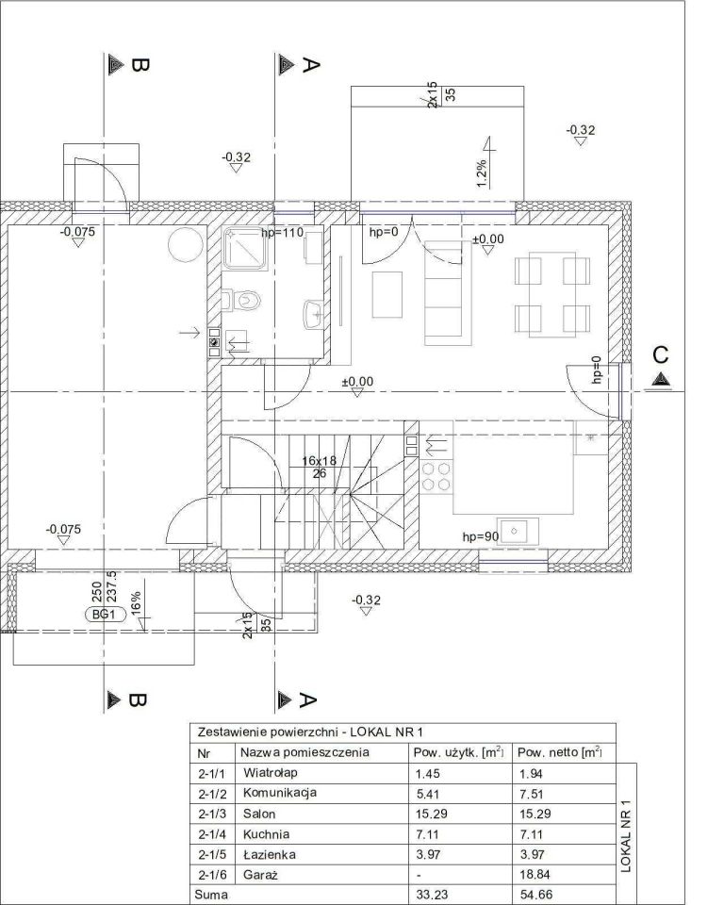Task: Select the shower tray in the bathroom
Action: (x=246, y=248)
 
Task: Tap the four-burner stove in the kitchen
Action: (x=436, y=476)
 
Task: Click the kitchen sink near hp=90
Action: (x=519, y=531)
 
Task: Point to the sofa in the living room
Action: (x=443, y=293)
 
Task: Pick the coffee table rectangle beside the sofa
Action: (x=387, y=294)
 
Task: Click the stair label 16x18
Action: (x=320, y=461)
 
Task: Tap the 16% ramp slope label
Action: (x=136, y=603)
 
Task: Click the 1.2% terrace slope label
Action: (x=482, y=173)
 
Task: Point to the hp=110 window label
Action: (x=282, y=233)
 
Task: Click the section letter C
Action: (x=661, y=354)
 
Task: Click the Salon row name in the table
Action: (x=259, y=814)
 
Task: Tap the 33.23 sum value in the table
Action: (x=432, y=895)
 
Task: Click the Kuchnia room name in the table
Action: (x=266, y=834)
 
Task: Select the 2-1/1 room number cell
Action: (x=212, y=773)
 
